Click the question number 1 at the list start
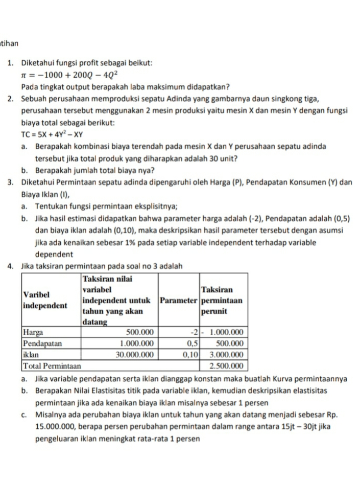pyautogui.click(x=10, y=63)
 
